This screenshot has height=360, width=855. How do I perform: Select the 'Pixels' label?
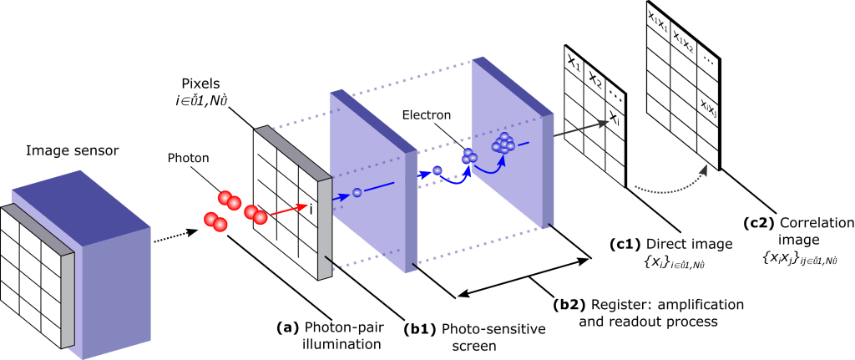click(202, 85)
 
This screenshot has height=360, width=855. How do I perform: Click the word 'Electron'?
click(427, 114)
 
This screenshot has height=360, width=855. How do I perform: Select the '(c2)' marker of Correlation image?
click(757, 223)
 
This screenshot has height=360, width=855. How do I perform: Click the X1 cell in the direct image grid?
click(574, 63)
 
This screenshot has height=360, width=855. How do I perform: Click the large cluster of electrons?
click(505, 144)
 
